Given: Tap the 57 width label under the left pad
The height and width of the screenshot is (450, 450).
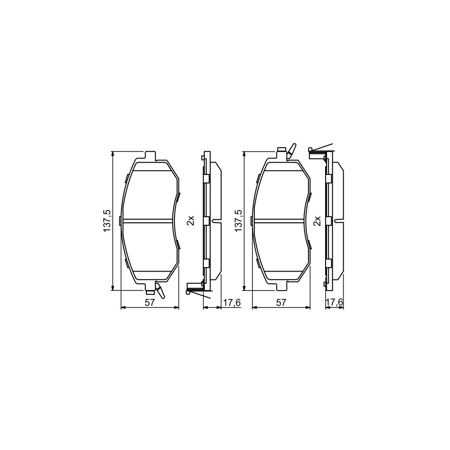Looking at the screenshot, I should click(150, 302).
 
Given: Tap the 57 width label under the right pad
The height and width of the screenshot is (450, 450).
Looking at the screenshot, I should click(281, 302).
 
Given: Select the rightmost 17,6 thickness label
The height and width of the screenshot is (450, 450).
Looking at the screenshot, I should click(334, 302).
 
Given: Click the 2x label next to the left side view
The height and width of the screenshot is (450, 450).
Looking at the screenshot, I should click(190, 221).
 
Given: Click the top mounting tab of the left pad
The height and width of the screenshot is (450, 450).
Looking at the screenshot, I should click(150, 156).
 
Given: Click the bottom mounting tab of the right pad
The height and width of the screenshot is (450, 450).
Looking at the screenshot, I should click(281, 287).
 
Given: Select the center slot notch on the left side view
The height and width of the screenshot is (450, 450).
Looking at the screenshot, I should click(217, 220).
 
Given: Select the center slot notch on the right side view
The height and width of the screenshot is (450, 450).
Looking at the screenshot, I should click(339, 220).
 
